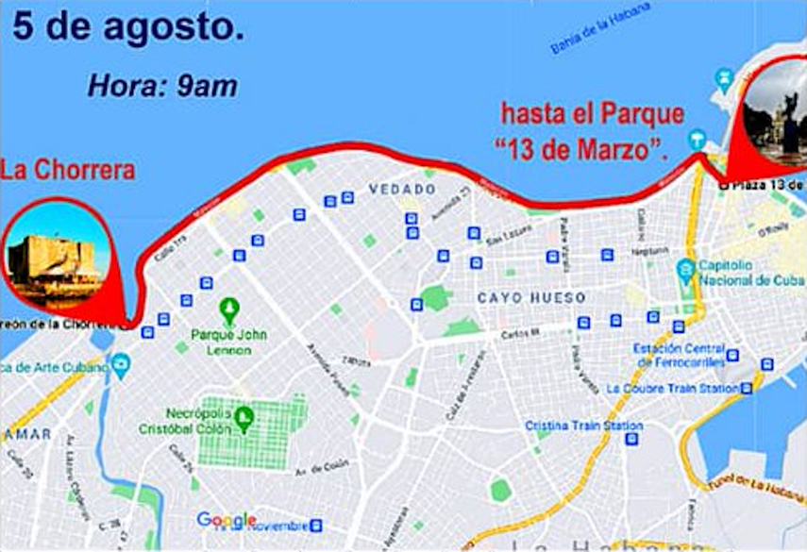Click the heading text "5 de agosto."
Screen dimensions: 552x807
(x=128, y=27)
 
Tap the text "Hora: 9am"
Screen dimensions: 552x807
(x=161, y=86)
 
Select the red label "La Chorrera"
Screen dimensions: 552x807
(x=68, y=171)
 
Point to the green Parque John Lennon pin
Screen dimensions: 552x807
(x=228, y=309)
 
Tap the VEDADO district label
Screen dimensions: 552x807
(x=402, y=190)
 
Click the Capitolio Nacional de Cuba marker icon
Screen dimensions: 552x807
(x=686, y=272)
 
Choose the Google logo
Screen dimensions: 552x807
(x=227, y=520)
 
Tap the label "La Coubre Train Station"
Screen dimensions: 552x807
(x=672, y=388)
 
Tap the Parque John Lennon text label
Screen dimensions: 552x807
(x=228, y=342)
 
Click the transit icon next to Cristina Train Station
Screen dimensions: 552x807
(x=631, y=438)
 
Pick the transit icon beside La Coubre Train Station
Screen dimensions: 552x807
(x=748, y=388)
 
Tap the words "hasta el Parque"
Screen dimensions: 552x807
(x=591, y=115)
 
